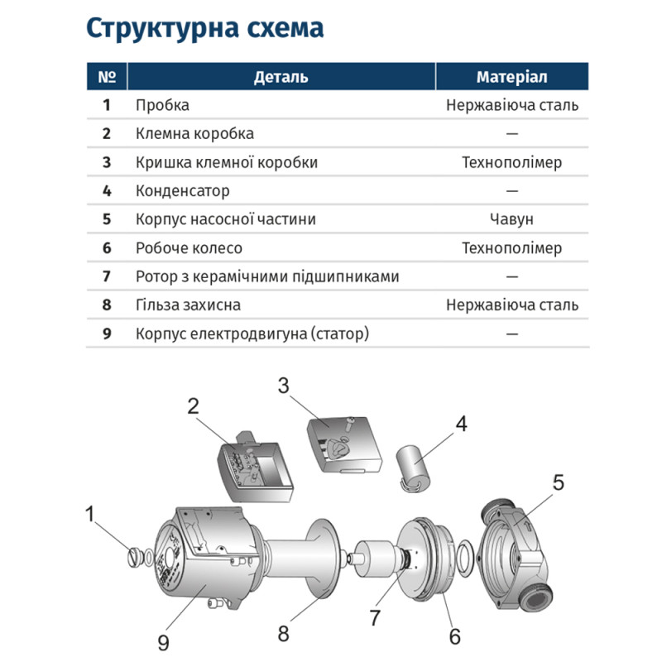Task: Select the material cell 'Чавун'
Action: pyautogui.click(x=511, y=219)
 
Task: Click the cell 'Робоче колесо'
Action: pyautogui.click(x=189, y=248)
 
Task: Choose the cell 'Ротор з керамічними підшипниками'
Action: pyautogui.click(x=266, y=276)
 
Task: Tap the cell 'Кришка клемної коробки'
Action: pyautogui.click(x=226, y=162)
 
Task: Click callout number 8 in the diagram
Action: pyautogui.click(x=283, y=635)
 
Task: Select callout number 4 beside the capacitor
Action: pyautogui.click(x=460, y=423)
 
